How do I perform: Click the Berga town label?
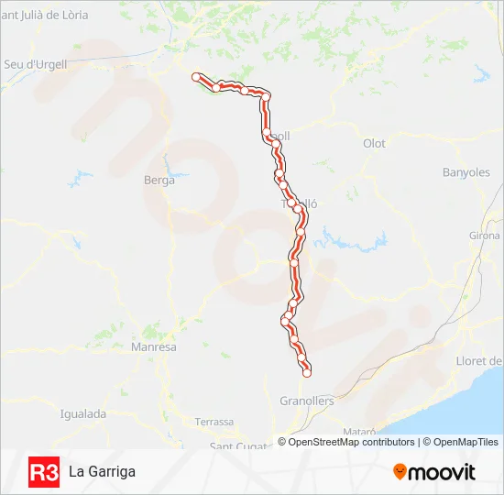pos(159,181)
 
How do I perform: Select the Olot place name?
pos(374,144)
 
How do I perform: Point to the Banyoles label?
pos(466,172)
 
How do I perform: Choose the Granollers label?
pos(306,401)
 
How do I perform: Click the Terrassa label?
pos(214,422)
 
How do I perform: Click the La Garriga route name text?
pos(102,472)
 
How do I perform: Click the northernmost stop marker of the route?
pos(195,77)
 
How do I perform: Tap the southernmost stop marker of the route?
pos(307,371)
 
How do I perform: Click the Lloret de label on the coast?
pos(479,361)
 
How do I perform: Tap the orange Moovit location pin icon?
pos(400,472)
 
